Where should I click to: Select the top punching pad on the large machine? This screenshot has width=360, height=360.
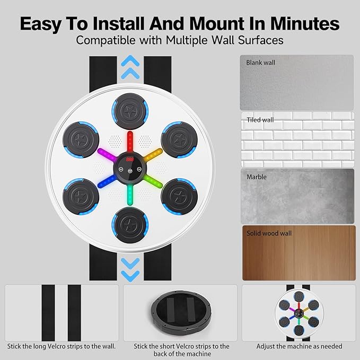[130, 108]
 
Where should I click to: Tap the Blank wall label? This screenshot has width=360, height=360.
[261, 63]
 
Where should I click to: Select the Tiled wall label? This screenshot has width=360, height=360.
[260, 120]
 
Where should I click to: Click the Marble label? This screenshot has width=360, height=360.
[257, 177]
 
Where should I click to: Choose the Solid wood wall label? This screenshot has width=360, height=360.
[269, 233]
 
